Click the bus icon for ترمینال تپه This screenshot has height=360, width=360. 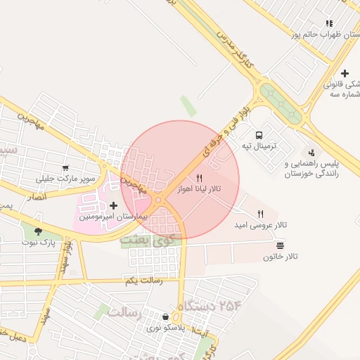[x=259, y=134]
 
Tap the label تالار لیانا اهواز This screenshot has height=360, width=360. [x=202, y=191]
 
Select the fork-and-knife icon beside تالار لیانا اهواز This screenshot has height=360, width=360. [x=200, y=178]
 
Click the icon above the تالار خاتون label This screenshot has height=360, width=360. [x=281, y=245]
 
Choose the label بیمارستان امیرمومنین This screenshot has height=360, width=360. [x=113, y=217]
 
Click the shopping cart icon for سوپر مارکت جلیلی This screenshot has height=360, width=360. [x=65, y=168]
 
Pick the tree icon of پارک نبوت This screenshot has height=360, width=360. [x=38, y=231]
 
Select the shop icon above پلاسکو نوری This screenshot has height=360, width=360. [x=165, y=317]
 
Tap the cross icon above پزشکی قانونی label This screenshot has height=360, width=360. [x=345, y=73]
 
